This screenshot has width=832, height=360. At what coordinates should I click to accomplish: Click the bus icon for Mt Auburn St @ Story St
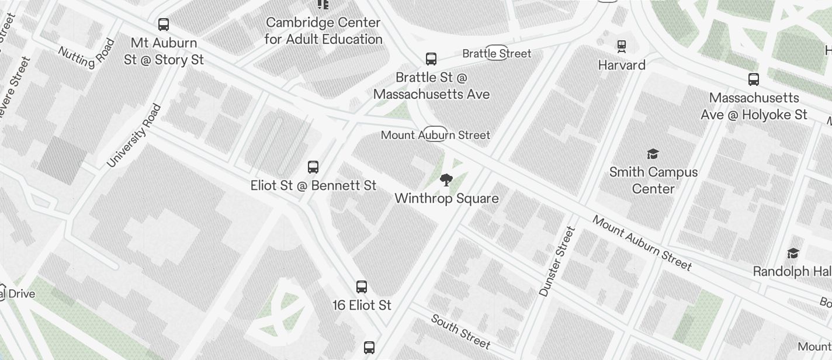[164, 25]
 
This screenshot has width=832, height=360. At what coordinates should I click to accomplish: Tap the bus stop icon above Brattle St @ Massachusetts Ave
[431, 59]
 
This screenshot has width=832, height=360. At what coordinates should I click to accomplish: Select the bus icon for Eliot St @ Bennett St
[313, 167]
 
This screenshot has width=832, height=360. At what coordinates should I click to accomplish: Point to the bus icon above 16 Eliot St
[362, 287]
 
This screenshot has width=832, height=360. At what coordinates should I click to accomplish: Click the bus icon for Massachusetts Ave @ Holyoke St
[754, 79]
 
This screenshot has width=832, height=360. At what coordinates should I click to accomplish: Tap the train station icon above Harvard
[622, 46]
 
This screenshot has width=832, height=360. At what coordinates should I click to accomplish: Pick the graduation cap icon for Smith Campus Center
[653, 154]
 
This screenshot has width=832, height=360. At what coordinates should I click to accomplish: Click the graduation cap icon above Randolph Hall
[793, 253]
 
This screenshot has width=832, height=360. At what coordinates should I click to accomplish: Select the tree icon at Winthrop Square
[446, 180]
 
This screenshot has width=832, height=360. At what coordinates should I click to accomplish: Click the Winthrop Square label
[446, 199]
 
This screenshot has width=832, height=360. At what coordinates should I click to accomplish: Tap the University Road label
[134, 136]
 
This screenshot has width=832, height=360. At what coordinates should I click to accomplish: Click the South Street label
[460, 331]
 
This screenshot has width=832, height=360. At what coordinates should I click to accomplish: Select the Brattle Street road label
[497, 54]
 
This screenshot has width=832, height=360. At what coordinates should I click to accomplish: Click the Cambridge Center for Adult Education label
[323, 31]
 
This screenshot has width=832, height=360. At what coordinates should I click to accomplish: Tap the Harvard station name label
[622, 65]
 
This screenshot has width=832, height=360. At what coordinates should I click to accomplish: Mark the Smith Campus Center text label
[653, 180]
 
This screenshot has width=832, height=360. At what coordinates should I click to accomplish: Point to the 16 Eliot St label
[362, 305]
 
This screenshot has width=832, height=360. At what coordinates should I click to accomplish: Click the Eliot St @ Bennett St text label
[313, 186]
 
